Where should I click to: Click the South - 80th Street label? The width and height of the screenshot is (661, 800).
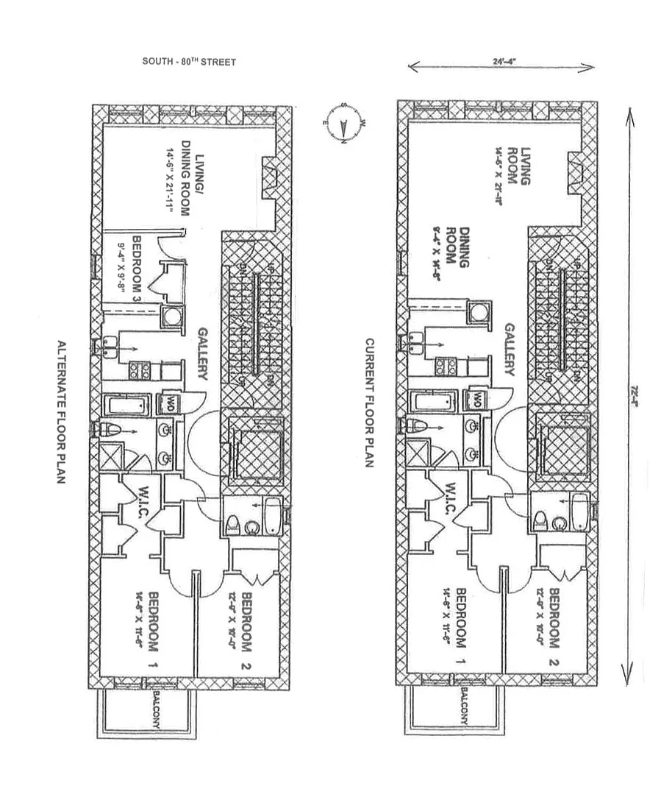[x=189, y=63]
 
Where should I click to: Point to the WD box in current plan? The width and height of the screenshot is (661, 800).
[x=476, y=401]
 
